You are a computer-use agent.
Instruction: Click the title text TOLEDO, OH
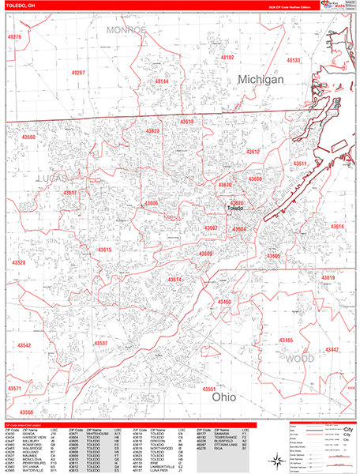[19, 6]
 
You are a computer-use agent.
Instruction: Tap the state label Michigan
[261, 81]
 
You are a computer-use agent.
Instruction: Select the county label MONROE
[126, 29]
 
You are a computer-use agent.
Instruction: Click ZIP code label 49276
[13, 37]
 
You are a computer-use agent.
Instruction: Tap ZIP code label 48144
[161, 81]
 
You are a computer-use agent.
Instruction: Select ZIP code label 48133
[294, 60]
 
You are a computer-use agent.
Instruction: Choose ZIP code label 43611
[301, 164]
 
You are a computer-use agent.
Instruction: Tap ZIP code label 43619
[328, 278]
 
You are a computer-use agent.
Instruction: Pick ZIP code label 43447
[332, 349]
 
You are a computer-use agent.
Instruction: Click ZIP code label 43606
[151, 204]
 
